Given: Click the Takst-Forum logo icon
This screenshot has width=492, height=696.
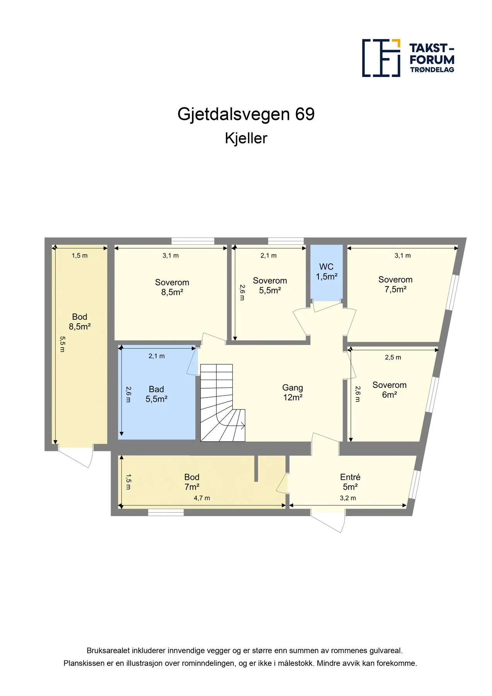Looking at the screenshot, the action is [x=381, y=58].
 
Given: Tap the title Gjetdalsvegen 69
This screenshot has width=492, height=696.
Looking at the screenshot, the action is [x=246, y=114].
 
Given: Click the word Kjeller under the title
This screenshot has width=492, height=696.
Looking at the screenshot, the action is [x=246, y=138].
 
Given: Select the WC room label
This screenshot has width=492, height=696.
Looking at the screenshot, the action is [x=326, y=271].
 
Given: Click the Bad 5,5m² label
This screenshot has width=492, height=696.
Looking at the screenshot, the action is [x=156, y=394].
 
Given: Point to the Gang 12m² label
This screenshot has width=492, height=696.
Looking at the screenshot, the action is [x=293, y=392].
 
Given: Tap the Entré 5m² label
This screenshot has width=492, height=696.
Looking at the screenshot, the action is [x=350, y=482].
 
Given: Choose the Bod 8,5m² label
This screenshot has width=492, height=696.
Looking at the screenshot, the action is [x=80, y=322].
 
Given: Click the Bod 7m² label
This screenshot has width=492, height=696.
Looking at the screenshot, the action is [x=192, y=482].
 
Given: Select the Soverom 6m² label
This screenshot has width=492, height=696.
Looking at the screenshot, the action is [x=390, y=390].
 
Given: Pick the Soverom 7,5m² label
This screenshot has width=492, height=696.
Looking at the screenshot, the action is [x=395, y=284].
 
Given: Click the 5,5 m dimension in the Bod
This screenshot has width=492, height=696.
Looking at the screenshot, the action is [x=63, y=344].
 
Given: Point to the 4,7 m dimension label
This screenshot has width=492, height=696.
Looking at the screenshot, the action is [x=202, y=498].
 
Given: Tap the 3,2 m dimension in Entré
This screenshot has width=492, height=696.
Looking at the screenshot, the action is [x=348, y=498].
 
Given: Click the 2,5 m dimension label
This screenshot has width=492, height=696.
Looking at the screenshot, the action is [x=393, y=357].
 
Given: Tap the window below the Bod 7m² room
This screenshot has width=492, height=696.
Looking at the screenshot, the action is [x=166, y=512].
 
